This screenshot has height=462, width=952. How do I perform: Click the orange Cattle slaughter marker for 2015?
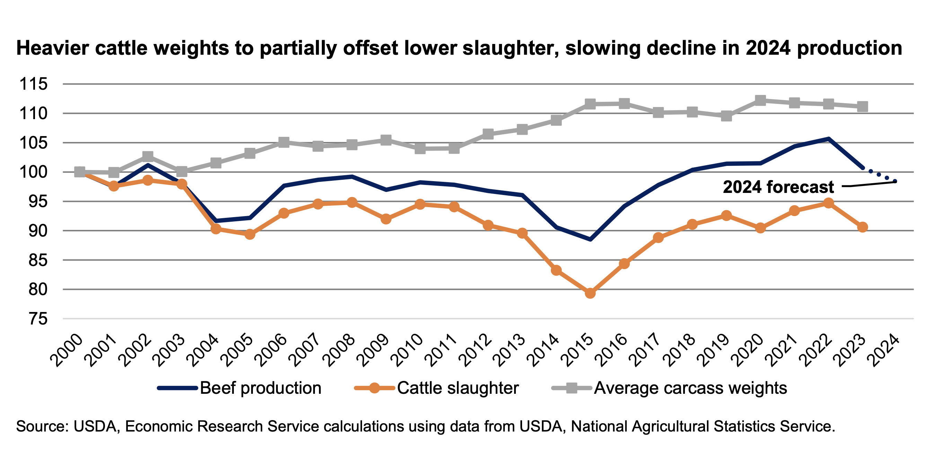tap(590, 293)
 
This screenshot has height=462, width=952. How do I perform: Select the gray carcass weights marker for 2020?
tap(760, 100)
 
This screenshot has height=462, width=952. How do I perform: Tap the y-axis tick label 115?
tap(34, 84)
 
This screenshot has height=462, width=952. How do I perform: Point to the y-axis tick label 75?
tap(38, 319)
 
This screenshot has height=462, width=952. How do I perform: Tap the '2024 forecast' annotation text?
tap(778, 187)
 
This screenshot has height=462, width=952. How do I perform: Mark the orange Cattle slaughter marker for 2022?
tap(829, 203)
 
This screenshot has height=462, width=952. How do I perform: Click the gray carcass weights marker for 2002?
tap(148, 156)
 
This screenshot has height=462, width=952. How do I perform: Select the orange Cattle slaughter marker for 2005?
tap(250, 234)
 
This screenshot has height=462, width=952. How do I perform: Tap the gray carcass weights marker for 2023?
tap(863, 107)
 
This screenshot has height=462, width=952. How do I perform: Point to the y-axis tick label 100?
tap(34, 172)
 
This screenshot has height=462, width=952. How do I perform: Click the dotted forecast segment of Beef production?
tap(880, 175)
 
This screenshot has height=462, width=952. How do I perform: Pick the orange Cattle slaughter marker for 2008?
tap(352, 202)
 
